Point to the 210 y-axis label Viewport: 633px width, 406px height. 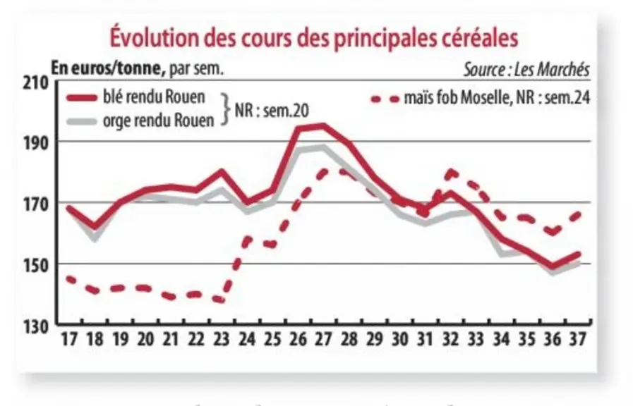pos(35,83)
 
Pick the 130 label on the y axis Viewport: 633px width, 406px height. pos(35,327)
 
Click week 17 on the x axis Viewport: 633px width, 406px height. pos(69,339)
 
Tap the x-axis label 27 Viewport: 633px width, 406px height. pos(323,339)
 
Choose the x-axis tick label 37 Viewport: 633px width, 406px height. pos(578,339)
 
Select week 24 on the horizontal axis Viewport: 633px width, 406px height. pos(247,339)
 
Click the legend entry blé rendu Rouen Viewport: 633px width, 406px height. pos(136,97)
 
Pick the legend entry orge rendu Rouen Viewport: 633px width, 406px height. pos(141,121)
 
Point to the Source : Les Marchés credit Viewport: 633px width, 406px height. pos(526,69)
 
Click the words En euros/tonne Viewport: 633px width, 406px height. pos(108,68)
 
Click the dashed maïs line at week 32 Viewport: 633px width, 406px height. pos(450,173)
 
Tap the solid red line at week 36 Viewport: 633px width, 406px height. pos(553,266)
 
